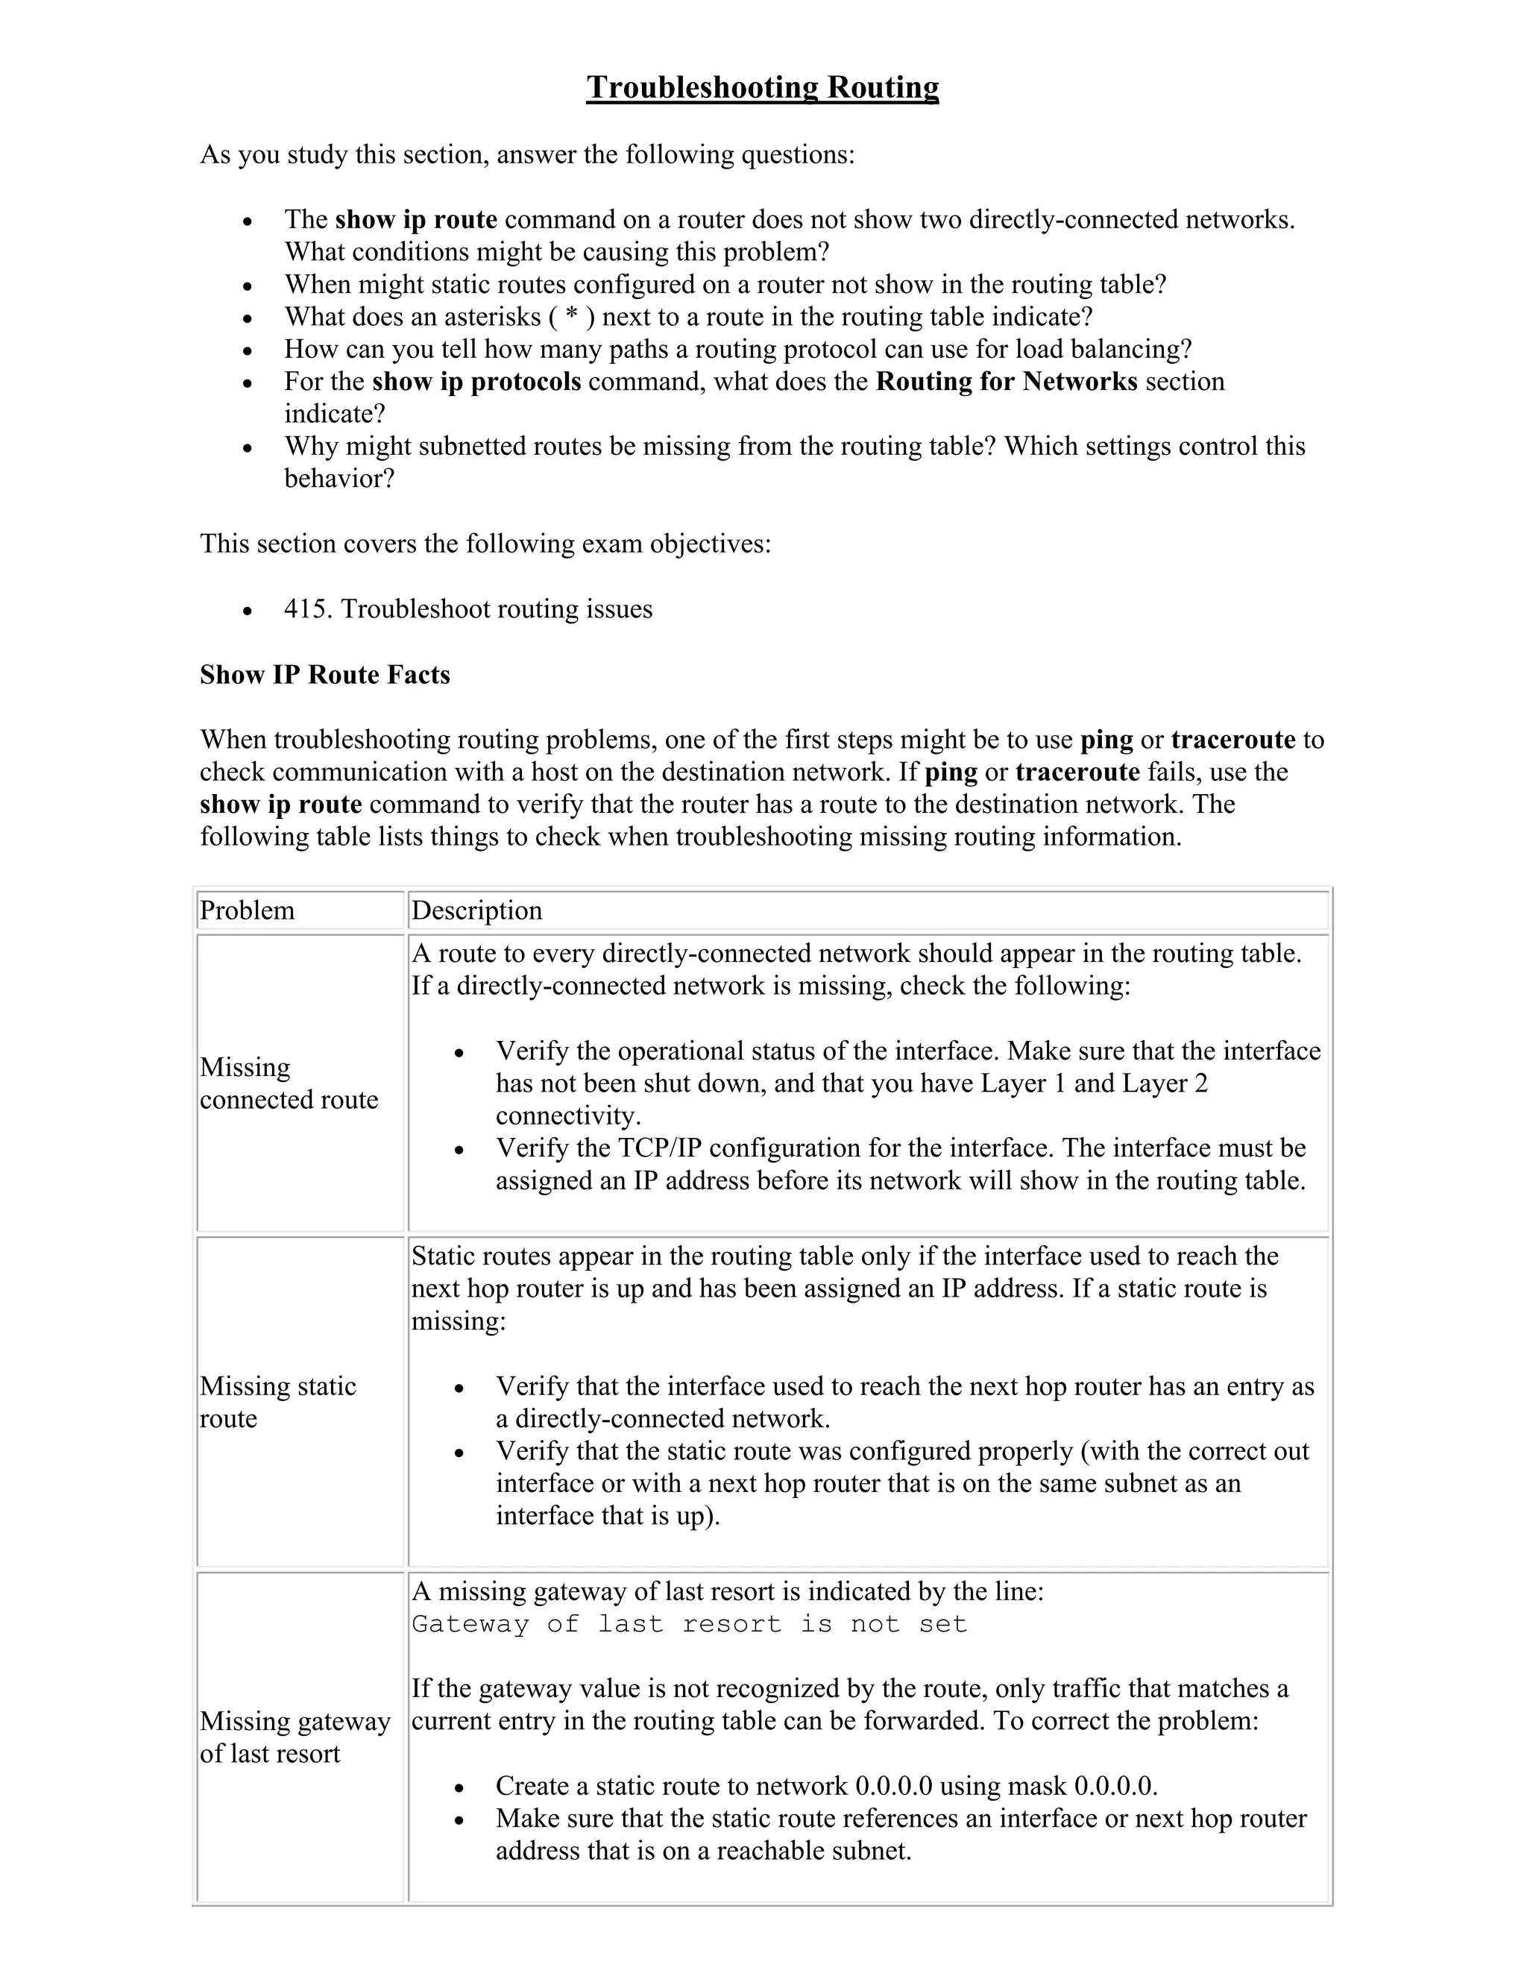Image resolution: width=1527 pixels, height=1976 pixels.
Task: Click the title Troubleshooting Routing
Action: (762, 88)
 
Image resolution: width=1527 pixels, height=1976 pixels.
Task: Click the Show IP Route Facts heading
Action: (325, 675)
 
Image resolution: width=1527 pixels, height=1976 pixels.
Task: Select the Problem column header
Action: (247, 910)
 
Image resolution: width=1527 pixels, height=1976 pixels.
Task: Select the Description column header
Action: (476, 910)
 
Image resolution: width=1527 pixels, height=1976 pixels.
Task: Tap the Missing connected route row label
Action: (289, 1083)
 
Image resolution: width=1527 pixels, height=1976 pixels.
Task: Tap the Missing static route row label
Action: (277, 1402)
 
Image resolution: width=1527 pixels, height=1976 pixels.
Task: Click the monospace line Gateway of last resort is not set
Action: (690, 1624)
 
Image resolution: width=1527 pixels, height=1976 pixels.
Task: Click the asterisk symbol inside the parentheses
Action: (571, 317)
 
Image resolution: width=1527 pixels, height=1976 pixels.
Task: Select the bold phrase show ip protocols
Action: (476, 382)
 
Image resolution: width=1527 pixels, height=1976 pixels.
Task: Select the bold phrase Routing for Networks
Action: (1006, 382)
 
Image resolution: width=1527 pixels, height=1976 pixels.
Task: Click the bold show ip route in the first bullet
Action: (416, 220)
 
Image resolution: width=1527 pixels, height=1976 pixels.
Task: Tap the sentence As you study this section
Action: (526, 154)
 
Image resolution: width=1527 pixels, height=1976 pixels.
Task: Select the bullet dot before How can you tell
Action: (247, 351)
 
